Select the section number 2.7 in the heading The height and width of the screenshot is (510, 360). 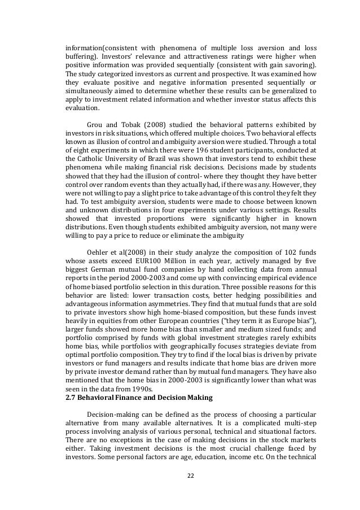coord(72,397)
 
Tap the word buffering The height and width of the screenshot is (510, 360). coord(79,56)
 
